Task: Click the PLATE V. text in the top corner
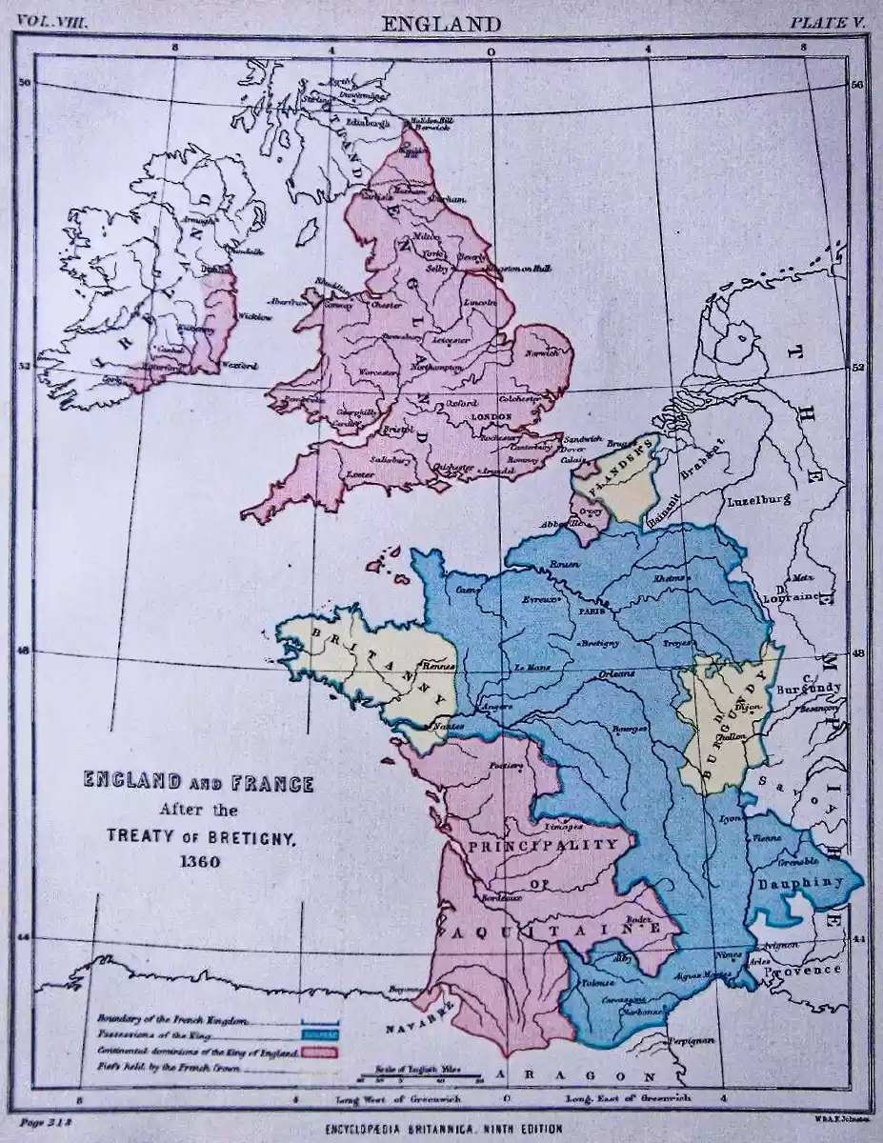point(824,22)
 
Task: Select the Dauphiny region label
point(800,883)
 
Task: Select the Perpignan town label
point(691,1041)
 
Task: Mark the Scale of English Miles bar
point(420,1075)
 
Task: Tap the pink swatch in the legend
point(321,1052)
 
